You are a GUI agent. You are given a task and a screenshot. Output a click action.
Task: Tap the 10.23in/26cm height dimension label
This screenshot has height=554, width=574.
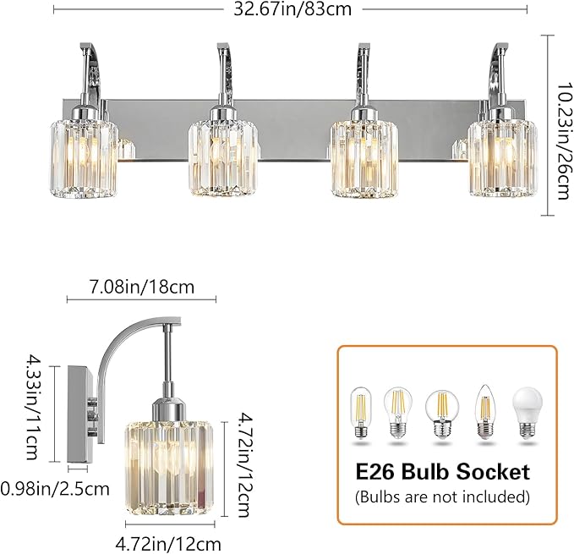(x=560, y=126)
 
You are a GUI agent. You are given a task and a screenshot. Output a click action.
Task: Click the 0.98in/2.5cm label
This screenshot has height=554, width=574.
(x=56, y=488)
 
